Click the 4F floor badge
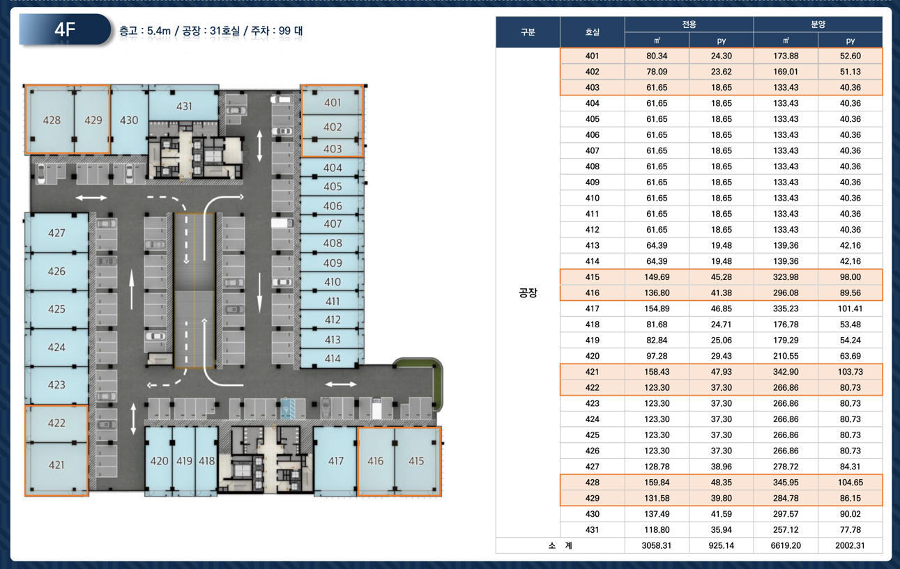pyautogui.click(x=65, y=29)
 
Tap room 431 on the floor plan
pyautogui.click(x=184, y=106)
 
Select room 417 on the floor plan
pyautogui.click(x=335, y=460)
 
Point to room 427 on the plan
pyautogui.click(x=56, y=233)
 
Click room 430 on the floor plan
pyautogui.click(x=129, y=120)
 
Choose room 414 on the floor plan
pyautogui.click(x=333, y=359)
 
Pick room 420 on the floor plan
pyautogui.click(x=159, y=460)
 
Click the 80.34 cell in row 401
pyautogui.click(x=657, y=56)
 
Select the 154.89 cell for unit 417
pyautogui.click(x=657, y=309)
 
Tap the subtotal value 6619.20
pyautogui.click(x=786, y=545)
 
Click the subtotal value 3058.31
pyautogui.click(x=657, y=545)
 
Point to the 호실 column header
pyautogui.click(x=593, y=32)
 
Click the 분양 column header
pyautogui.click(x=818, y=24)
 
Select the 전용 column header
pyautogui.click(x=689, y=24)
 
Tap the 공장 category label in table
pyautogui.click(x=528, y=293)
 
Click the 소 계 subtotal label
pyautogui.click(x=560, y=545)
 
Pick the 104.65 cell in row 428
pyautogui.click(x=851, y=483)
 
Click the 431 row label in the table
pyautogui.click(x=593, y=530)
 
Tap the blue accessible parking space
pyautogui.click(x=287, y=409)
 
